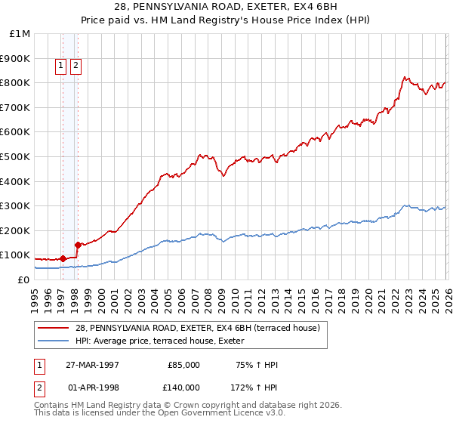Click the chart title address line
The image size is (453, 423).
pos(226,7)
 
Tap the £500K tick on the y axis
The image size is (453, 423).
pos(16,156)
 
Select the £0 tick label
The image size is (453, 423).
pos(23,279)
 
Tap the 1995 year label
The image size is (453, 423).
pos(34,295)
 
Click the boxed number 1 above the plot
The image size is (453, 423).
pos(61,66)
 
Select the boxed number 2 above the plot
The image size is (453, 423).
pos(76,66)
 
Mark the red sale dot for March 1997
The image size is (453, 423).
pos(63,258)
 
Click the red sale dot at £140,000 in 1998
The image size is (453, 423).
pos(77,245)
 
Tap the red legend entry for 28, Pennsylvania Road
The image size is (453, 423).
pos(197,327)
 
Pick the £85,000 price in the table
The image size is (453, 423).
pos(183,364)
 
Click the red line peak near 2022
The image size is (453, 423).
pos(405,76)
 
